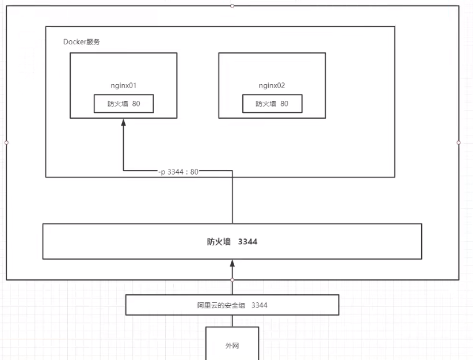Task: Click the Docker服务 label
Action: click(x=81, y=42)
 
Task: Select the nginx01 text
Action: click(x=123, y=85)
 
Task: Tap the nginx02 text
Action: click(x=272, y=85)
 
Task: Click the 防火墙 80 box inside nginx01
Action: click(x=124, y=104)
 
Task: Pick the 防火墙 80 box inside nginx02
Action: click(x=272, y=104)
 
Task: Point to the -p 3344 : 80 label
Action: click(x=178, y=171)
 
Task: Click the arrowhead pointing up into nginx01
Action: click(x=123, y=123)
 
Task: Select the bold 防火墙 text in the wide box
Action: click(x=219, y=242)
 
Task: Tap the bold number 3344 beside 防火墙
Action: click(x=247, y=242)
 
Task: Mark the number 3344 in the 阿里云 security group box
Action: click(x=260, y=305)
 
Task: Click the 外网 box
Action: click(x=232, y=346)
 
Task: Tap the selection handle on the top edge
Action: click(x=232, y=6)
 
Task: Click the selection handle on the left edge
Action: click(x=6, y=142)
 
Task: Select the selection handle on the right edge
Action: click(x=459, y=142)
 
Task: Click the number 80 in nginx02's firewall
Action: click(x=284, y=104)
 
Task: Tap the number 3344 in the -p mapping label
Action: click(x=175, y=171)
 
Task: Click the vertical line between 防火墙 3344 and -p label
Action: click(x=232, y=199)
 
